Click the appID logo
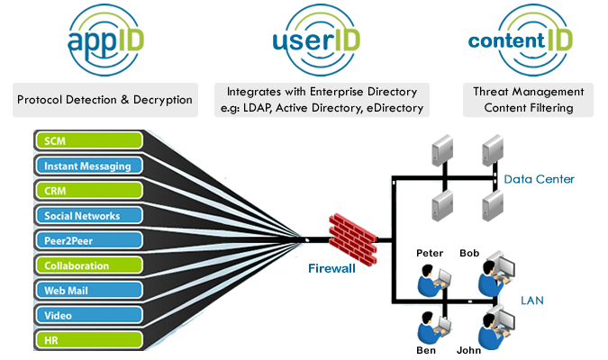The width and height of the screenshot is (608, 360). pos(105,40)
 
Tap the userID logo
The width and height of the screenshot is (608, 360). pos(316,40)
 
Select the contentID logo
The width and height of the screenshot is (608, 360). pos(521,40)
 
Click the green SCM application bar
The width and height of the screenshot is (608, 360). pos(89,140)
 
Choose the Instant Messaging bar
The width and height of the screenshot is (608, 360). pos(89,166)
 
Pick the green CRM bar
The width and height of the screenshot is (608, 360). pos(89,191)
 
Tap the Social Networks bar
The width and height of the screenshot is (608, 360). pos(89,215)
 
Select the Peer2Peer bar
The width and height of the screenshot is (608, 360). pos(89,240)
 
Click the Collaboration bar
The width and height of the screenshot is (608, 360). pos(89,265)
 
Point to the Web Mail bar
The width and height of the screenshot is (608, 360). pos(89,290)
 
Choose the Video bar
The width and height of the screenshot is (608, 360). pos(89,315)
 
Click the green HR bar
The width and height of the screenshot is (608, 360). pos(89,340)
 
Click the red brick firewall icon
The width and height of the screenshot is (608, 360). pos(353,239)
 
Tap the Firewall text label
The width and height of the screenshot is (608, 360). pos(331,268)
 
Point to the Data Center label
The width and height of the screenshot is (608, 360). pos(539,179)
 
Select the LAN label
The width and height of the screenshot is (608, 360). pos(532,301)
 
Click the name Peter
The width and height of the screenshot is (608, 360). pos(430,253)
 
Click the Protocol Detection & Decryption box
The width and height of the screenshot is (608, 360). pos(105,100)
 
